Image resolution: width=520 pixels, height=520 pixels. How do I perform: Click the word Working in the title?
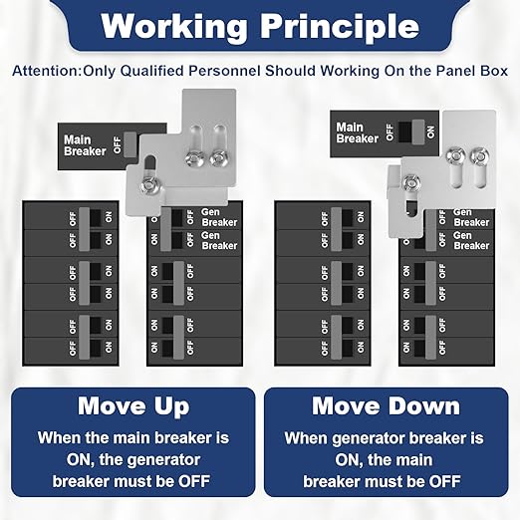[x=174, y=27]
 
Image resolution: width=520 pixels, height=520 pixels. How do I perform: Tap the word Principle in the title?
[x=340, y=28]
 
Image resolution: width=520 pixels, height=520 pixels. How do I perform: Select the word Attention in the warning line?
[x=47, y=71]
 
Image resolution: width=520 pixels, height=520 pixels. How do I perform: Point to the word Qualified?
[x=152, y=71]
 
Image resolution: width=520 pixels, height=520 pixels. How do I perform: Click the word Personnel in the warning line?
[x=224, y=71]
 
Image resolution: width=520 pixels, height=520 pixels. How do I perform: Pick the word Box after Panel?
[x=495, y=71]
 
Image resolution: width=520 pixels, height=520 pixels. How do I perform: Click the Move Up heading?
[x=133, y=406]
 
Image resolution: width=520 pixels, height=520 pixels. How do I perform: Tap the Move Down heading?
[x=386, y=405]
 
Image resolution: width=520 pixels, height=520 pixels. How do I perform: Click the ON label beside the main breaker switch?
[x=431, y=131]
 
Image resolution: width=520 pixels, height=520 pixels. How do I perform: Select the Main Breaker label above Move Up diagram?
[x=85, y=145]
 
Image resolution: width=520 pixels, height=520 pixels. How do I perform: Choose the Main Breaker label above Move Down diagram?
[x=357, y=132]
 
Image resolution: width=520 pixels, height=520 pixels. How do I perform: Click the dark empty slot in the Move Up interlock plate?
[x=150, y=163]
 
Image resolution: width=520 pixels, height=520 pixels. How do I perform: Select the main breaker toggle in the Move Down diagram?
[x=417, y=131]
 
